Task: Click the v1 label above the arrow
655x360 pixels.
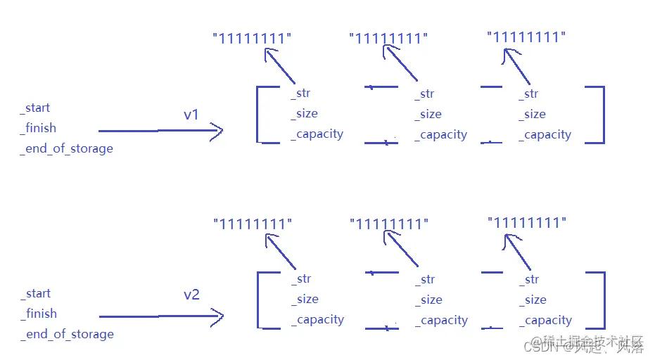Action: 191,115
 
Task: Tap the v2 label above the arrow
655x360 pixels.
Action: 191,295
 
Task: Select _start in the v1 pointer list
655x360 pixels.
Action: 35,108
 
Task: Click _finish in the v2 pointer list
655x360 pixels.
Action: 39,314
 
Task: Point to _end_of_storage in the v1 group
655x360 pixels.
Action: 67,148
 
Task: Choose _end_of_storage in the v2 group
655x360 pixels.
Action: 67,334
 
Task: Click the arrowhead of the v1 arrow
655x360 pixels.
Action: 217,130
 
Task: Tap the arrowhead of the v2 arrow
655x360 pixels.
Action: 217,316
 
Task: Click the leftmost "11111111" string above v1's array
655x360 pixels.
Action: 252,39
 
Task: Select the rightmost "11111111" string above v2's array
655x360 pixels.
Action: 527,223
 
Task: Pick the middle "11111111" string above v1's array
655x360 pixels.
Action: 388,39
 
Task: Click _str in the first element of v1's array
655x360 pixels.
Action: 300,94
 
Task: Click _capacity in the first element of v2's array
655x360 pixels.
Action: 317,320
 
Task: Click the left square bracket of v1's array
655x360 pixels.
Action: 259,115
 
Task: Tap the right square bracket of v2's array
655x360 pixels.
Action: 602,300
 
